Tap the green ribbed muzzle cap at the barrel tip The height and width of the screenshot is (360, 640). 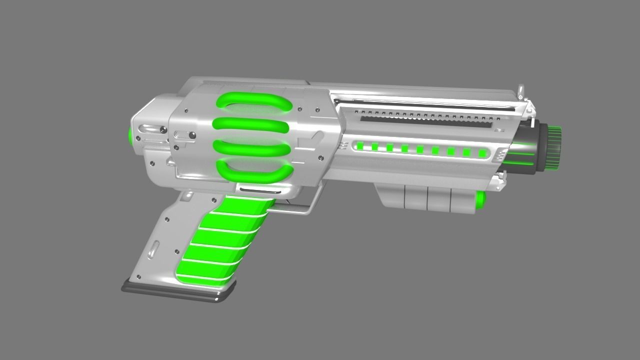coord(553,148)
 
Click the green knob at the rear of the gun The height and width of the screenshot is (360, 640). coord(131,135)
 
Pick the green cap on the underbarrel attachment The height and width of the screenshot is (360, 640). coord(480,199)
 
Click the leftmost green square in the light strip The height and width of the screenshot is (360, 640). coord(359,146)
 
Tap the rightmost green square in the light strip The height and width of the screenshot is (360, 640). coord(482,153)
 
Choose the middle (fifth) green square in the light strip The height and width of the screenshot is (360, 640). coord(420,149)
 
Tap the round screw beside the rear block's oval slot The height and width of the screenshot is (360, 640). coord(163,130)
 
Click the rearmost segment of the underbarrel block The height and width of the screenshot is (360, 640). coord(392,196)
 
